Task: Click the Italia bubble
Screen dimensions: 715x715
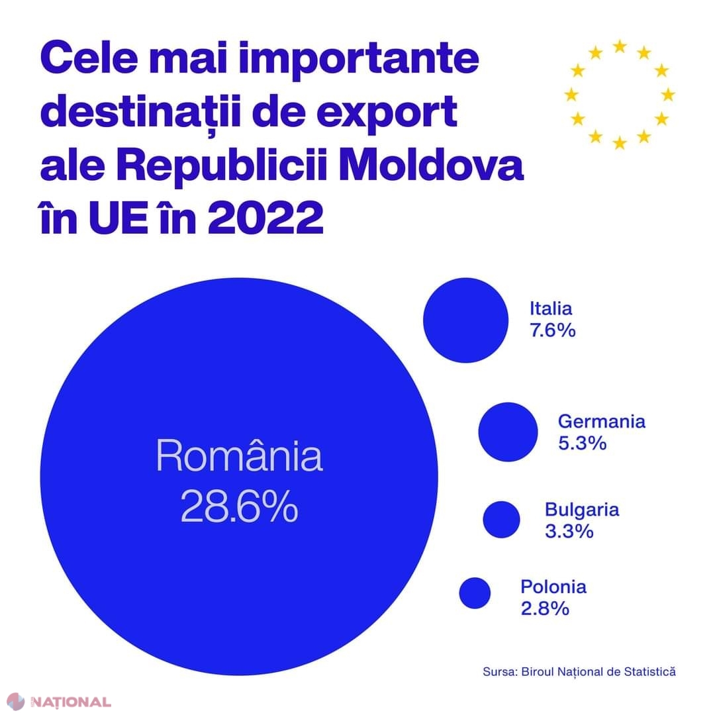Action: [x=466, y=320]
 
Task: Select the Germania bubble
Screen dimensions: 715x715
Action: [x=508, y=432]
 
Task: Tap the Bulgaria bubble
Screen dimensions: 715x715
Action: [x=501, y=519]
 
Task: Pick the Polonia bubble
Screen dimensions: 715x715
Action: [x=475, y=593]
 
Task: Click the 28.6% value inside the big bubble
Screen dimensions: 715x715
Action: [x=239, y=508]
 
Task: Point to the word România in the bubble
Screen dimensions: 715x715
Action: [x=239, y=457]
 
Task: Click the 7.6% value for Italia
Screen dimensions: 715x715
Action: [x=552, y=330]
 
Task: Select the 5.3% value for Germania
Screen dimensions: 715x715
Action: [x=583, y=443]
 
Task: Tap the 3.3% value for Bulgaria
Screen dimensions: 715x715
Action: [x=569, y=531]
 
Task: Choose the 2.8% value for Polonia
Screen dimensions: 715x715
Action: [x=545, y=608]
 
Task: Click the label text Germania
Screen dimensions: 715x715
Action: [x=601, y=421]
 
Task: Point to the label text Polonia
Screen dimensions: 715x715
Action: [x=553, y=587]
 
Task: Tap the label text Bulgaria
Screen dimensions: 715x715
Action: [x=582, y=510]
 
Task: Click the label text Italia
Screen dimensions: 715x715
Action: [x=551, y=308]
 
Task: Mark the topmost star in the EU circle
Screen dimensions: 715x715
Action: [x=620, y=46]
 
